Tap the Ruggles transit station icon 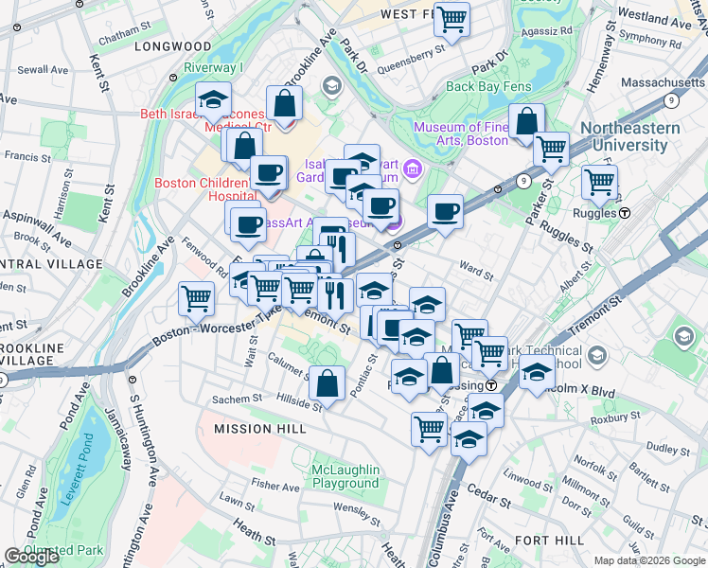(x=625, y=213)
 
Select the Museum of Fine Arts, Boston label (x=461, y=133)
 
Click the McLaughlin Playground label (x=345, y=476)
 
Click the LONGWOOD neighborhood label (x=172, y=45)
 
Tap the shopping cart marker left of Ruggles (x=599, y=181)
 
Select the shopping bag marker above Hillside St (x=327, y=383)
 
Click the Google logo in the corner (x=32, y=557)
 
